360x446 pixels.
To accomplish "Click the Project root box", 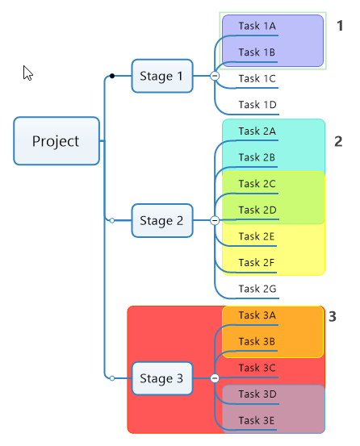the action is pyautogui.click(x=57, y=141).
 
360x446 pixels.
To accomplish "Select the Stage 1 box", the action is pyautogui.click(x=162, y=76).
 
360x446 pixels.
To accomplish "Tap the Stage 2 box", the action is pyautogui.click(x=162, y=220).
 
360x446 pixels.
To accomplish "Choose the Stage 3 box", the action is pyautogui.click(x=162, y=378).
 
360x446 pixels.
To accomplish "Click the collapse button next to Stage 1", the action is pyautogui.click(x=215, y=76).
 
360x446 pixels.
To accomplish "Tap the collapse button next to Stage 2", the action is pyautogui.click(x=215, y=220).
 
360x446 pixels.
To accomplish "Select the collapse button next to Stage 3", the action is pyautogui.click(x=215, y=378).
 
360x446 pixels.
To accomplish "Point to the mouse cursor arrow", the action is pyautogui.click(x=27, y=73).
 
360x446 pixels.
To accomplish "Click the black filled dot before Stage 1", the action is pyautogui.click(x=112, y=76).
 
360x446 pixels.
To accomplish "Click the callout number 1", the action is pyautogui.click(x=340, y=26).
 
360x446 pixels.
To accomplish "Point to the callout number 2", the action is pyautogui.click(x=338, y=141).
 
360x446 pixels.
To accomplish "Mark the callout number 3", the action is pyautogui.click(x=333, y=316).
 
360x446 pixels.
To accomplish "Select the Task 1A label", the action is pyautogui.click(x=257, y=26).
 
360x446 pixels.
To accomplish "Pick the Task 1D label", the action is pyautogui.click(x=257, y=105).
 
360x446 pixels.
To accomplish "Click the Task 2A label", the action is pyautogui.click(x=257, y=131).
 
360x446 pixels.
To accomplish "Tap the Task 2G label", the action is pyautogui.click(x=257, y=289).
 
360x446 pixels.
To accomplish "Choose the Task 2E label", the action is pyautogui.click(x=257, y=236).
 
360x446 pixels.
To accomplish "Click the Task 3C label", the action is pyautogui.click(x=257, y=368).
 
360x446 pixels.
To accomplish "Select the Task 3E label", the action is pyautogui.click(x=257, y=420).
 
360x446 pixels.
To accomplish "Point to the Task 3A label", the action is pyautogui.click(x=257, y=315).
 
